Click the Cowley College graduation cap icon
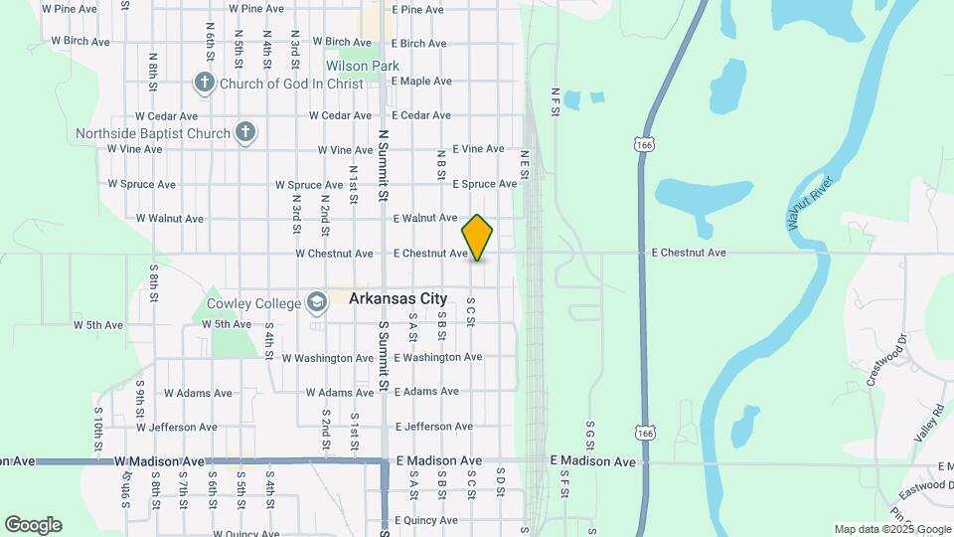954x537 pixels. (x=317, y=301)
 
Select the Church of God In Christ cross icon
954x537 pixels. (x=205, y=83)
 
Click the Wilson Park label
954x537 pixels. (x=363, y=67)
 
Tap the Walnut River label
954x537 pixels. (x=809, y=204)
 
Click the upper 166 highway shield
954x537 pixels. (x=646, y=146)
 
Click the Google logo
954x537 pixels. (x=33, y=525)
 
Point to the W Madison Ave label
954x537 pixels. (x=159, y=461)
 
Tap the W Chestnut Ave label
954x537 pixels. (x=334, y=254)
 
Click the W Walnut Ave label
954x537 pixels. (x=170, y=219)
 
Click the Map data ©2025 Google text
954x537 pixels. (x=892, y=529)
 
